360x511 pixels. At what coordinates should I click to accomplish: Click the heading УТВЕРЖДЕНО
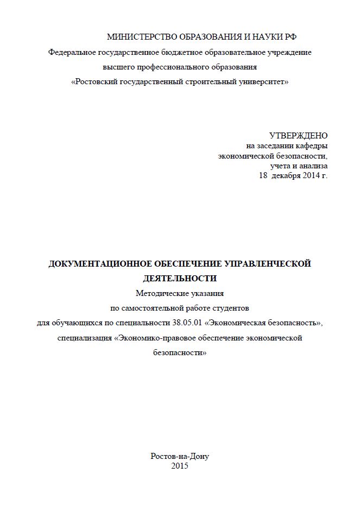299,135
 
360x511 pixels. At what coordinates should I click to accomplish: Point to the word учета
281,166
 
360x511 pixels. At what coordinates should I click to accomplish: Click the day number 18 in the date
263,176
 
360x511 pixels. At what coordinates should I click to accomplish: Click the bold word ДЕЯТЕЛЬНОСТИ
180,279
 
